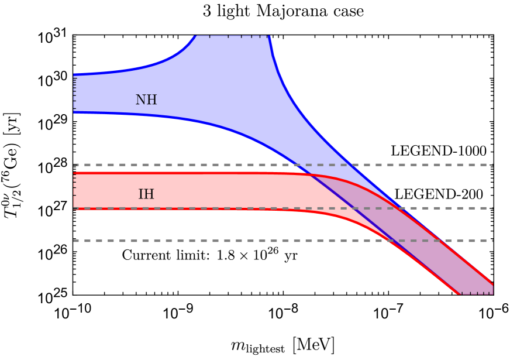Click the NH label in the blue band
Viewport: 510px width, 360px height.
pyautogui.click(x=146, y=100)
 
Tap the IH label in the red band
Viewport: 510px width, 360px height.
pyautogui.click(x=146, y=194)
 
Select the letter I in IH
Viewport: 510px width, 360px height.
pyautogui.click(x=141, y=194)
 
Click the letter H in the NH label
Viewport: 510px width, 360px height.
pyautogui.click(x=151, y=100)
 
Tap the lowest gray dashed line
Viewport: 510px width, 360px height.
pyautogui.click(x=234, y=241)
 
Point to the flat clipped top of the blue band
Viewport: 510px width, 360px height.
pyautogui.click(x=231, y=37)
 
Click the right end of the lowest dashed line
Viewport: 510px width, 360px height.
pyautogui.click(x=492, y=241)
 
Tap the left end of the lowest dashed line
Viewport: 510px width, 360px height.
pyautogui.click(x=75, y=241)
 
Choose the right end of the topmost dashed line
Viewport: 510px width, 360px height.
pyautogui.click(x=492, y=165)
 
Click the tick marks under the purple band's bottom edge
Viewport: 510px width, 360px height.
pyautogui.click(x=475, y=293)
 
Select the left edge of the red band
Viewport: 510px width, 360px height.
pyautogui.click(x=74, y=190)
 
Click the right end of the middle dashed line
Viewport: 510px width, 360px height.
pyautogui.click(x=492, y=208)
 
